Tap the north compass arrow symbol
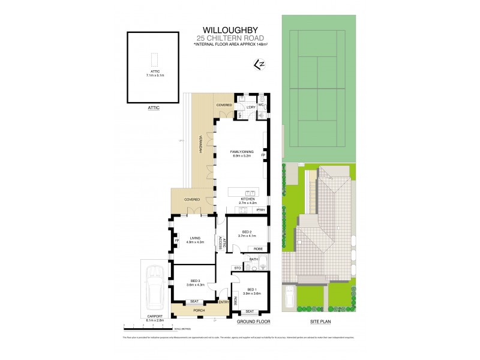[x=259, y=63]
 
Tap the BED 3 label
[x=195, y=281]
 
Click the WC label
[x=261, y=105]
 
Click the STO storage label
[x=238, y=268]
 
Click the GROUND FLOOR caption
[x=251, y=322]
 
